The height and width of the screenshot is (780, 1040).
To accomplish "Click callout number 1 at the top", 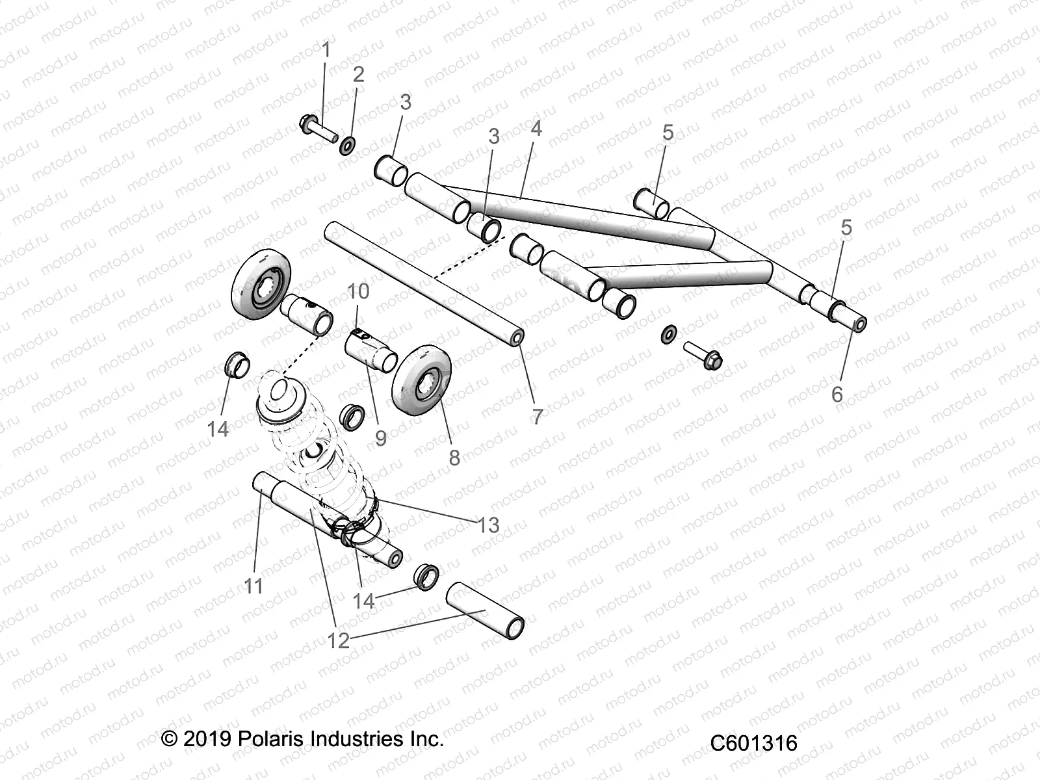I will pyautogui.click(x=326, y=49).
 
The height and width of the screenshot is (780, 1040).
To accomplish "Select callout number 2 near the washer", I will pyautogui.click(x=358, y=74).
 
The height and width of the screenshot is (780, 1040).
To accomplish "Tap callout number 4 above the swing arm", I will pyautogui.click(x=536, y=129).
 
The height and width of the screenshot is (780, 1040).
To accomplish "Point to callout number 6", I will pyautogui.click(x=837, y=393).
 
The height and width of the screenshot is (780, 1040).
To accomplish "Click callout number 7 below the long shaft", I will pyautogui.click(x=537, y=417).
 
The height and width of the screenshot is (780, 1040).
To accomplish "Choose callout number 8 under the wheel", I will pyautogui.click(x=454, y=457).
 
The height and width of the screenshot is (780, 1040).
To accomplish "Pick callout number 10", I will pyautogui.click(x=359, y=291).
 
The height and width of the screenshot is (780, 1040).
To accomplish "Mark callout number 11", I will pyautogui.click(x=253, y=586).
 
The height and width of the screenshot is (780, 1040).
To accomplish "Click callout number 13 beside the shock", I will pyautogui.click(x=488, y=525).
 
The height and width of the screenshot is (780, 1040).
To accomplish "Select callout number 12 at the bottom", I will pyautogui.click(x=339, y=640).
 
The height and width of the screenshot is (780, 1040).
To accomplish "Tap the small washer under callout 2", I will pyautogui.click(x=365, y=146).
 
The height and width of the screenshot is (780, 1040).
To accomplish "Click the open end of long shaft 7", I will pyautogui.click(x=518, y=338).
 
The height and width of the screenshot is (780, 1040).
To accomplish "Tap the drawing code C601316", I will pyautogui.click(x=753, y=743).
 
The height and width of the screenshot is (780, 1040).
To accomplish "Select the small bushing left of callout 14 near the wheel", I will pyautogui.click(x=237, y=365).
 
